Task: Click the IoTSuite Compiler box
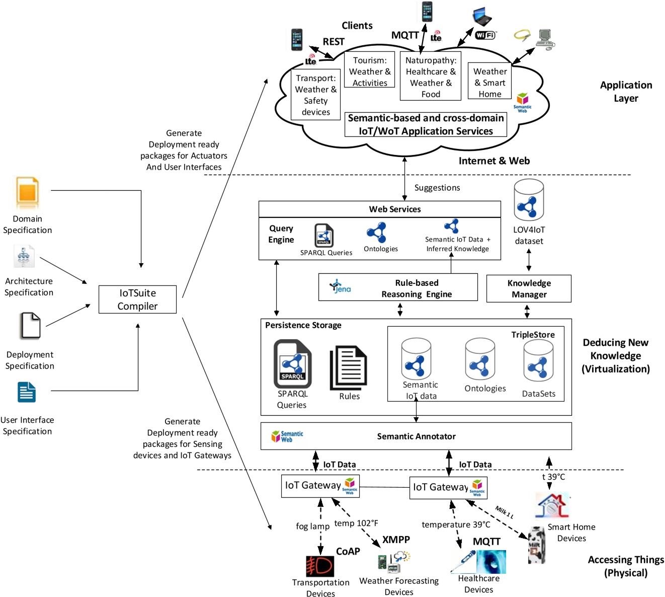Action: [x=137, y=300]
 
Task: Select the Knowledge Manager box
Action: [x=529, y=288]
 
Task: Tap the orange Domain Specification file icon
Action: [x=27, y=193]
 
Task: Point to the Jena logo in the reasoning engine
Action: [x=341, y=287]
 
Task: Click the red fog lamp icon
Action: [x=320, y=566]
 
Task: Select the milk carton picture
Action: [x=537, y=545]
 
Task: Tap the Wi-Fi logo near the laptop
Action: [x=485, y=35]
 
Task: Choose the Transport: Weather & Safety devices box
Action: [x=316, y=95]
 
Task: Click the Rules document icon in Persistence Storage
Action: [x=349, y=367]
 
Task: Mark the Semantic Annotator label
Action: [x=416, y=436]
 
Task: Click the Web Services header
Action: [x=395, y=209]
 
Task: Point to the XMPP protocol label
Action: [x=396, y=540]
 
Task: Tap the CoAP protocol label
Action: [x=348, y=551]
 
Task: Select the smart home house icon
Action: [x=552, y=505]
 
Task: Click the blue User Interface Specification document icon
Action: [x=27, y=393]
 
